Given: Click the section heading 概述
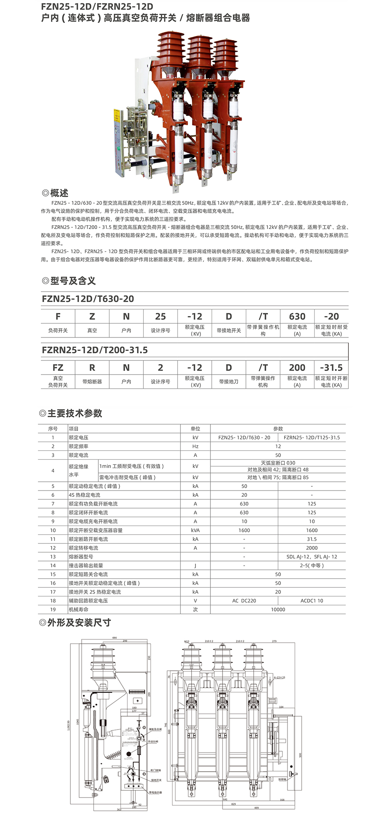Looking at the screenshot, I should click(59, 193).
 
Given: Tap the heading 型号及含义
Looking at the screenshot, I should click(72, 281).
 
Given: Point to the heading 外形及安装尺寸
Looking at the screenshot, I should click(79, 622).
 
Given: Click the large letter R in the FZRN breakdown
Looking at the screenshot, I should click(92, 367).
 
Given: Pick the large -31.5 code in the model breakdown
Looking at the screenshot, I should click(331, 367).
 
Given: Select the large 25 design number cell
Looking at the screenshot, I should click(160, 316).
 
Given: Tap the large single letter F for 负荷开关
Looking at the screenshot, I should click(58, 316).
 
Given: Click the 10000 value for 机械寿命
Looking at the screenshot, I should click(278, 609).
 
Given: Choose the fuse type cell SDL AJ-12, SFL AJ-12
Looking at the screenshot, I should click(312, 556).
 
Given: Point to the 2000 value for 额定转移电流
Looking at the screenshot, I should click(312, 548).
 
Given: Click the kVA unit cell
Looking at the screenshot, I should click(195, 530).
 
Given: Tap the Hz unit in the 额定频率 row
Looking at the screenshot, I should click(195, 446).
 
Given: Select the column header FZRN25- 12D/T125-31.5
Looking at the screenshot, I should click(312, 438).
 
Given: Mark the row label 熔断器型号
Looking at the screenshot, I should click(81, 556).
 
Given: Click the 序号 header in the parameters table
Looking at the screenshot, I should click(53, 429).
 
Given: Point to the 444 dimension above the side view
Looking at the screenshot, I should click(115, 638).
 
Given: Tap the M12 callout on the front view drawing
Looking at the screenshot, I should click(187, 642).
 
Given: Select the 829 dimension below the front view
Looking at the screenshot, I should click(233, 804).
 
